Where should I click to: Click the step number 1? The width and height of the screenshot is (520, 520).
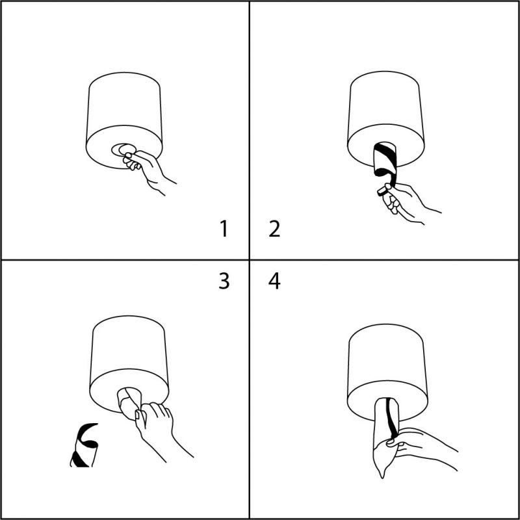click(x=224, y=229)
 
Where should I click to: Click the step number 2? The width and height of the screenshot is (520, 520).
click(x=274, y=229)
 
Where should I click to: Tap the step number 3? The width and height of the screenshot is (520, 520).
click(x=224, y=281)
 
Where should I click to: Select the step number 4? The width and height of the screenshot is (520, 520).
click(x=274, y=281)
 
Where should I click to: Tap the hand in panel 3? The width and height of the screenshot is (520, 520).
click(x=159, y=428)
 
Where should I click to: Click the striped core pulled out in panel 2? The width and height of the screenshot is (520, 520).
click(x=385, y=162)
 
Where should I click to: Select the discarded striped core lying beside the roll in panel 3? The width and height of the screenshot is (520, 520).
click(x=84, y=445)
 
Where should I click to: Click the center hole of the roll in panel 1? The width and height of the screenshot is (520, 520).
click(x=123, y=150)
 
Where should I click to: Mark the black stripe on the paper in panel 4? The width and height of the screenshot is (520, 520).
click(x=391, y=419)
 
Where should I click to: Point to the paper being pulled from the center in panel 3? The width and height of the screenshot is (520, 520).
click(x=130, y=402)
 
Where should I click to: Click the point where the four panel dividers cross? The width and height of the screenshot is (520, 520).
click(x=250, y=259)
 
